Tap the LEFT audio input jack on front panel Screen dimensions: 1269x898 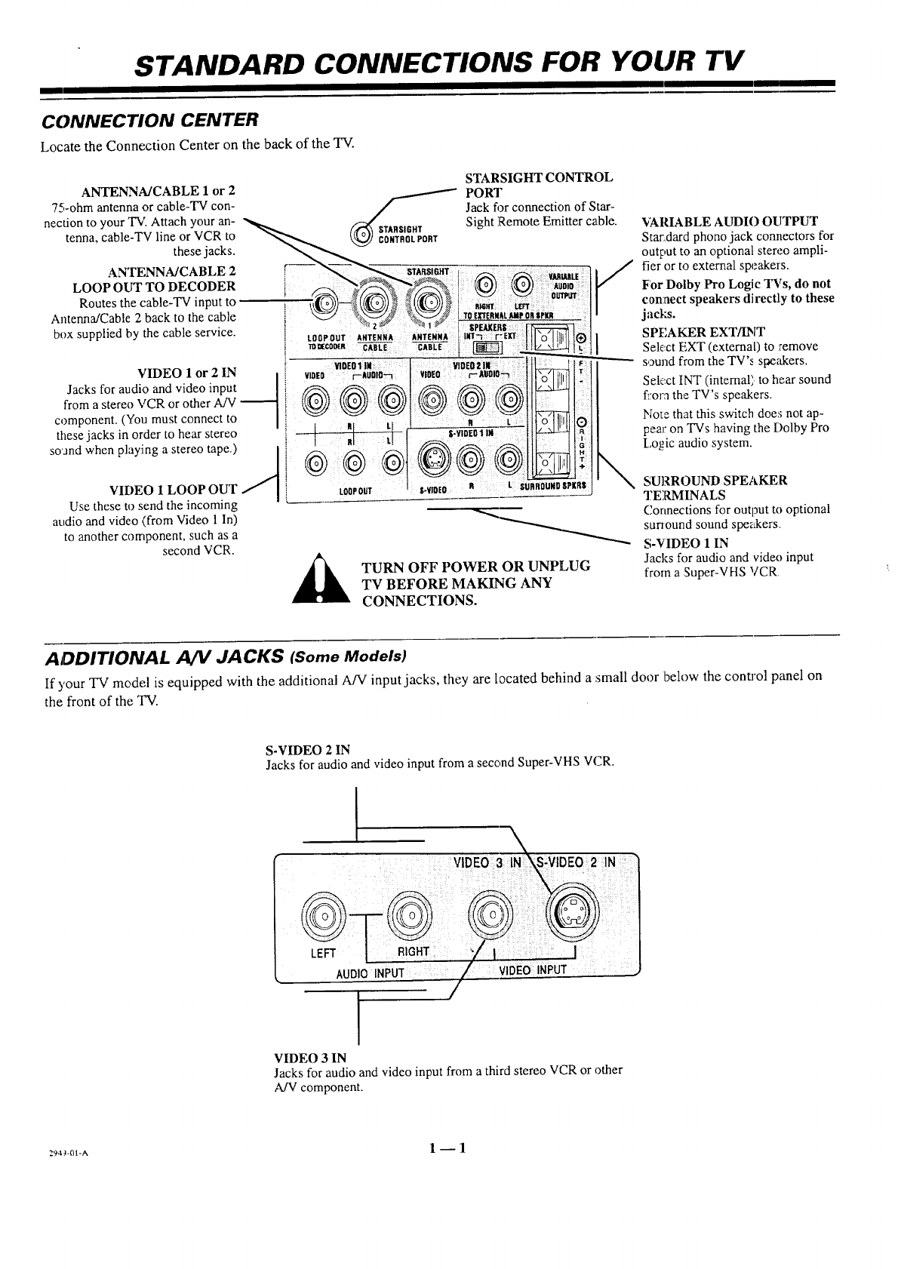pyautogui.click(x=323, y=915)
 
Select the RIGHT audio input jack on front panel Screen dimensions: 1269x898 pyautogui.click(x=407, y=915)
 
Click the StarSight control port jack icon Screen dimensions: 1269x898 pyautogui.click(x=359, y=232)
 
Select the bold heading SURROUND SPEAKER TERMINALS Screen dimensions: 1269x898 pyautogui.click(x=714, y=487)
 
